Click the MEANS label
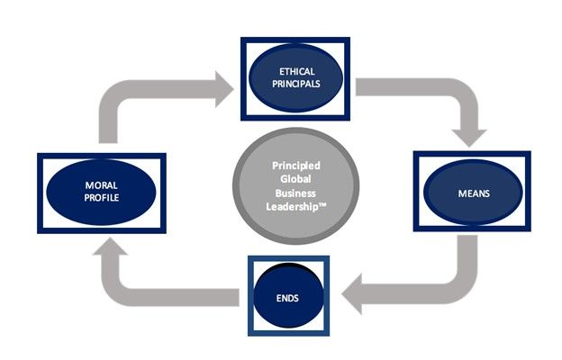click(471, 192)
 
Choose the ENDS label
click(287, 296)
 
